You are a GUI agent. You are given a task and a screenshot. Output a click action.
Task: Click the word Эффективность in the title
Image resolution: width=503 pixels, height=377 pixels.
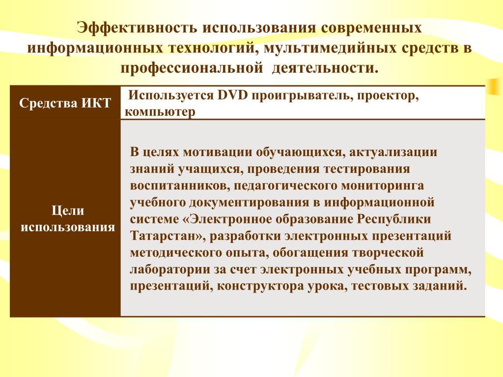(x=137, y=28)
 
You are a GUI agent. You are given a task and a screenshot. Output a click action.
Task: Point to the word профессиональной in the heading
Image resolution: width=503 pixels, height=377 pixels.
(x=192, y=68)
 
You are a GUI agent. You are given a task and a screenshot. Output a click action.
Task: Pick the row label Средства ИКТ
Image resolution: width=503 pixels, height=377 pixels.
(x=65, y=103)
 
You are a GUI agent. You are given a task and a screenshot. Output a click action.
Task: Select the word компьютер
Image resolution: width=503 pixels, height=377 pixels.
(x=160, y=112)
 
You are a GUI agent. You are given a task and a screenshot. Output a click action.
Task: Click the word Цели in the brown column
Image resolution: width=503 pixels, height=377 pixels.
(x=68, y=211)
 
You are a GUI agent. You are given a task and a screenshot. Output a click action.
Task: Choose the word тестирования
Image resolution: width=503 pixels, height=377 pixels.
(x=366, y=169)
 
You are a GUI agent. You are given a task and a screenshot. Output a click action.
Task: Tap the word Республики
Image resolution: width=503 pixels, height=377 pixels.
(x=394, y=219)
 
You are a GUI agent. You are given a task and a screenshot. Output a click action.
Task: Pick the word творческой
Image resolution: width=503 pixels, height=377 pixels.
(x=388, y=253)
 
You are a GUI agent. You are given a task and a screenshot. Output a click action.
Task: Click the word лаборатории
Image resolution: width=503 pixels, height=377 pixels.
(x=169, y=269)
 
